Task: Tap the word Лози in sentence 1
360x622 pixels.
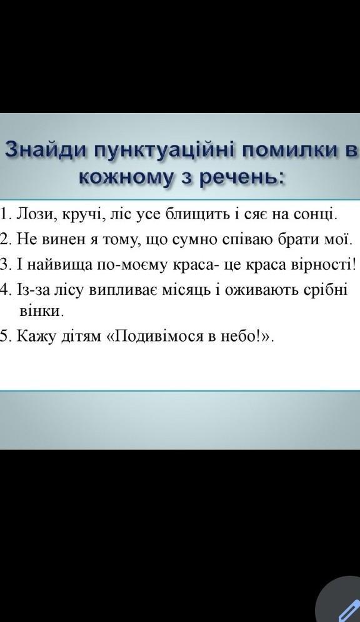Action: point(33,214)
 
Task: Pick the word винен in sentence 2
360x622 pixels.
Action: point(66,240)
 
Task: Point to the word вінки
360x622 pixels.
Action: point(41,310)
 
